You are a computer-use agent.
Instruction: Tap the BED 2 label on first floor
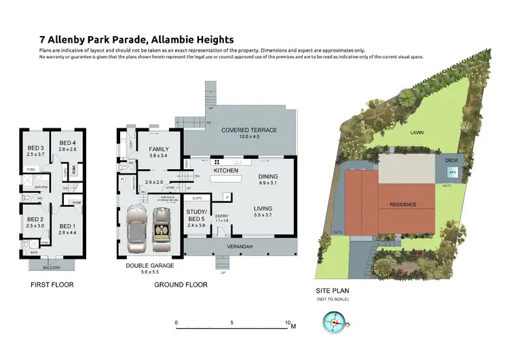(x=35, y=219)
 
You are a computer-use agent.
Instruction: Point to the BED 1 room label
(x=66, y=226)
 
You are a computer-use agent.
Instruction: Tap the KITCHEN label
(x=225, y=171)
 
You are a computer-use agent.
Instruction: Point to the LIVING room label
(x=263, y=209)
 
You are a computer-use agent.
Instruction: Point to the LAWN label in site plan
(x=417, y=134)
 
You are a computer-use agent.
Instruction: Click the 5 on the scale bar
(x=232, y=323)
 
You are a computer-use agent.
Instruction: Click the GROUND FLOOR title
(x=180, y=285)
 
